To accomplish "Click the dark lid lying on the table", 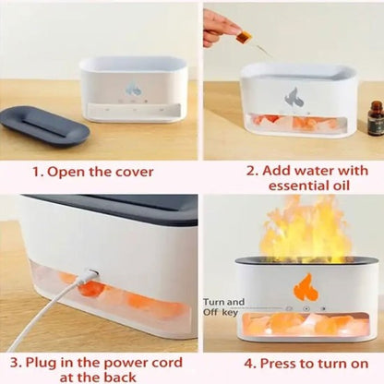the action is coord(45,126).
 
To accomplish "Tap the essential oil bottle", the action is coord(376,118).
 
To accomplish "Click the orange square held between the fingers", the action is coord(244,38).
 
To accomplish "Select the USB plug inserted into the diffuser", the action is coord(91,273).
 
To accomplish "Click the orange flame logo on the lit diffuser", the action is coord(306,288).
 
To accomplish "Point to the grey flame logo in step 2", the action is coord(294,98).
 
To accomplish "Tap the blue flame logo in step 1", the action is coord(133,89).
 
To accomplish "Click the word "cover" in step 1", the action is coord(134,172).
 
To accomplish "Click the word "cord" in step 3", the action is coord(167,363).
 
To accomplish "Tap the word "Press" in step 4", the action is coord(277,363).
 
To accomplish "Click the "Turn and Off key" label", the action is coord(223,306).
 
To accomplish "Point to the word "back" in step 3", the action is coord(120,378).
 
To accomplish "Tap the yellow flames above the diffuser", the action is coord(306,232).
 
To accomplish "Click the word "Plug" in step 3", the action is coord(39,364).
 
